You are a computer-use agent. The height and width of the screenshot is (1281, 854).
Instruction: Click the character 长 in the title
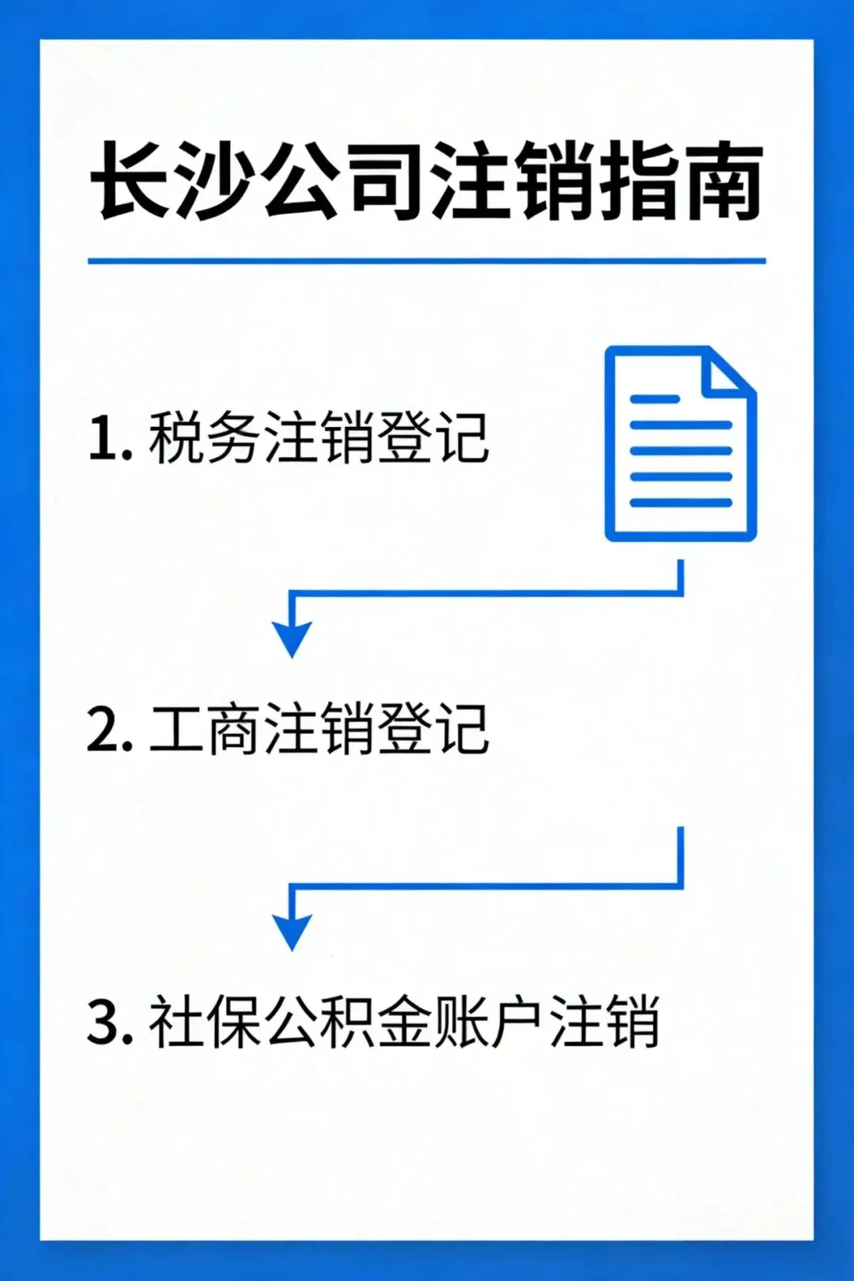tap(130, 182)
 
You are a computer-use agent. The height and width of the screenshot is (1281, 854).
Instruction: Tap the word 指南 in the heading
tap(680, 182)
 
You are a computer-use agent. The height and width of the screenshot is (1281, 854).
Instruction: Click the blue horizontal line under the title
tap(427, 260)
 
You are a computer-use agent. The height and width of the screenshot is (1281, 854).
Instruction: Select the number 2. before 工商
tap(109, 730)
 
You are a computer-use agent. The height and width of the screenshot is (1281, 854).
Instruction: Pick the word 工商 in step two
tap(204, 730)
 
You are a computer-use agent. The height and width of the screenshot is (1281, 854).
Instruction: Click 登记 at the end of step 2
tap(433, 730)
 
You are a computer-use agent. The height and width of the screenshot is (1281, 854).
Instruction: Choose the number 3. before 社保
tap(109, 1022)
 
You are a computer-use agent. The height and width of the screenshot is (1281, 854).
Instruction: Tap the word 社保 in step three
tap(204, 1022)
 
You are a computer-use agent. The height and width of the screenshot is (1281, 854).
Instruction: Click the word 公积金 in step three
tap(348, 1022)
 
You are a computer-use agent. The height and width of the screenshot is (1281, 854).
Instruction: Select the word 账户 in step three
tap(490, 1022)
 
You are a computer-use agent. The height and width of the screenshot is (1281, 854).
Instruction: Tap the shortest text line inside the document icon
tap(655, 399)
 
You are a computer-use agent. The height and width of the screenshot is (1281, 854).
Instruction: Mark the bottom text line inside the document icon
tap(680, 502)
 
